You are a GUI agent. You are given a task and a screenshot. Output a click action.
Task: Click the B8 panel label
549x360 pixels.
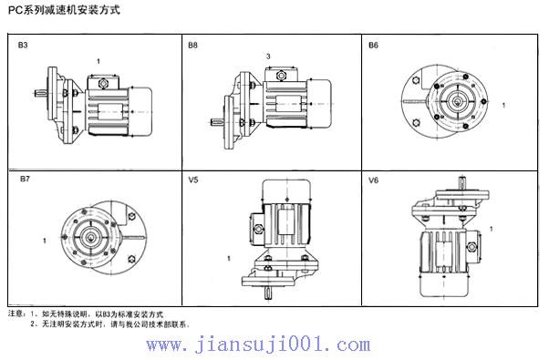(x=192, y=45)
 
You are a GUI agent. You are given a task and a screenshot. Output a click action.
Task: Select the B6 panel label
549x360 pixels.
(x=373, y=45)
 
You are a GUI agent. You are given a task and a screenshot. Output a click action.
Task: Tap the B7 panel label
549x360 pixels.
(x=25, y=180)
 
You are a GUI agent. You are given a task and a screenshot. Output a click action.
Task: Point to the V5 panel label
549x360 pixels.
(x=193, y=180)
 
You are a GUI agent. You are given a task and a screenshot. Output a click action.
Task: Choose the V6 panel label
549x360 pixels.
(x=373, y=180)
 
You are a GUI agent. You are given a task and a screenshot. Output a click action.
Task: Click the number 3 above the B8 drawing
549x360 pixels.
(x=268, y=57)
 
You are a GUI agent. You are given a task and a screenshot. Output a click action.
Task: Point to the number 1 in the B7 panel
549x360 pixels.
(x=44, y=241)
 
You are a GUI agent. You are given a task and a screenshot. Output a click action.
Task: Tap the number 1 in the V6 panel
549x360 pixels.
(x=493, y=230)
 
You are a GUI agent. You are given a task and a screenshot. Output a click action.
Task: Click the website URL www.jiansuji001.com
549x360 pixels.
(x=271, y=345)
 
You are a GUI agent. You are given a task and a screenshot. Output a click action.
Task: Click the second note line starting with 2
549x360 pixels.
(x=109, y=324)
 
